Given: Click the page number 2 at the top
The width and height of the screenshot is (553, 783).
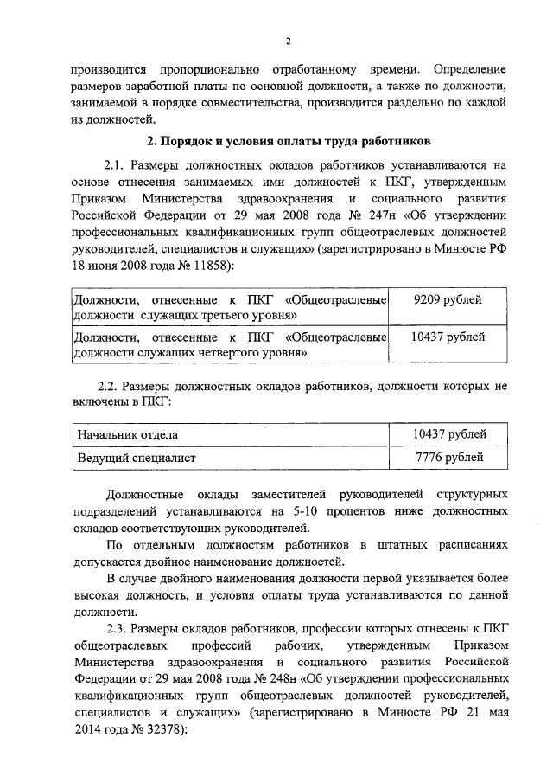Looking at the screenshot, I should point(288,40).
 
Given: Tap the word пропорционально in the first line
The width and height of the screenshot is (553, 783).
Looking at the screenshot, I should point(203,67).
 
